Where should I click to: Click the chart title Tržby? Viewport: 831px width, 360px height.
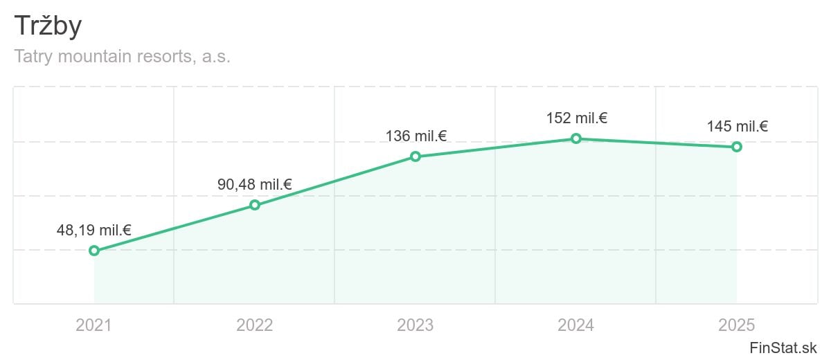[x=48, y=26]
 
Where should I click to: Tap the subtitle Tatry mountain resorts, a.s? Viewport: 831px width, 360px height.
[x=122, y=57]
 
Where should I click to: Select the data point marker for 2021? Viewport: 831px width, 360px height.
[x=94, y=251]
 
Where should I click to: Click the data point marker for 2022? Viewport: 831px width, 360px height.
[x=255, y=205]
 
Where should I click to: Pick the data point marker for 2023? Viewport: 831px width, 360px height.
[x=415, y=156]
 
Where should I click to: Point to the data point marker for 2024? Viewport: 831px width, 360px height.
[x=576, y=138]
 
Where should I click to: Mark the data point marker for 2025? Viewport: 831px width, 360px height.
[x=737, y=147]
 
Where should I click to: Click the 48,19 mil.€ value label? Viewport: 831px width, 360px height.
[x=94, y=231]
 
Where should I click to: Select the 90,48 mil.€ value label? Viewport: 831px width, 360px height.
[x=255, y=185]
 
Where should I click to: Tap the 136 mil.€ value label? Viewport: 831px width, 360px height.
[x=416, y=136]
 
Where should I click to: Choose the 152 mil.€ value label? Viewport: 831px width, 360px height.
[x=577, y=118]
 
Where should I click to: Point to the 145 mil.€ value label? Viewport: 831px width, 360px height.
[x=738, y=127]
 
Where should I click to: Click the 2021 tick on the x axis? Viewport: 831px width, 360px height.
[x=94, y=325]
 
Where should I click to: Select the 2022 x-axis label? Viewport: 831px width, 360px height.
[x=255, y=325]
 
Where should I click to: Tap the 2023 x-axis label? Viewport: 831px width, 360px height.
[x=415, y=325]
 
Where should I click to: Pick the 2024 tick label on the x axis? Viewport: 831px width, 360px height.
[x=576, y=325]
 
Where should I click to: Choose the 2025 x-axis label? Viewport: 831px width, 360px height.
[x=737, y=325]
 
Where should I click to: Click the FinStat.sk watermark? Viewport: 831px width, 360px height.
[x=783, y=348]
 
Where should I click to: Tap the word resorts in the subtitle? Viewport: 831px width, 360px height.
[x=166, y=57]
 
